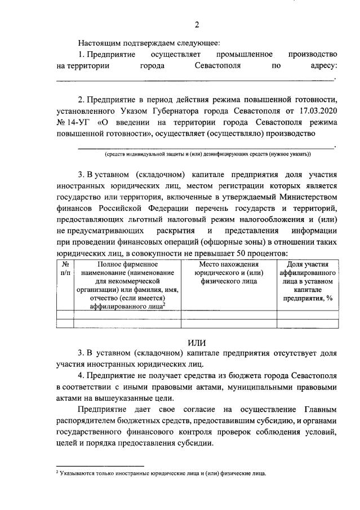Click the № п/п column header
(x=65, y=268)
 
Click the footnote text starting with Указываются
(x=164, y=473)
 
